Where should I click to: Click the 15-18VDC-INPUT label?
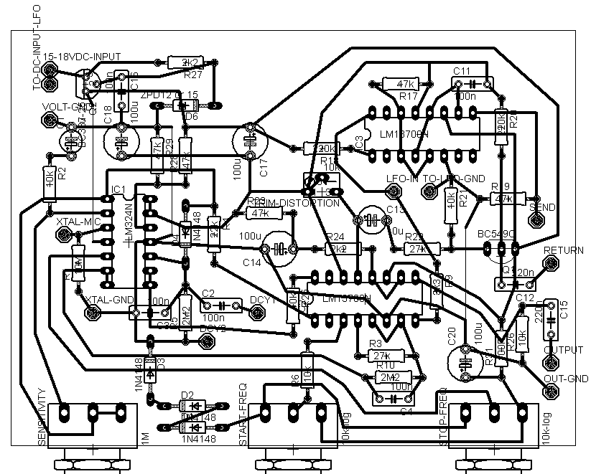click(82, 56)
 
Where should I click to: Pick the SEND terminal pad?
click(536, 194)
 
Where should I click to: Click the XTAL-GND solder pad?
click(92, 313)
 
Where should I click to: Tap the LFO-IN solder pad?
click(394, 191)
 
